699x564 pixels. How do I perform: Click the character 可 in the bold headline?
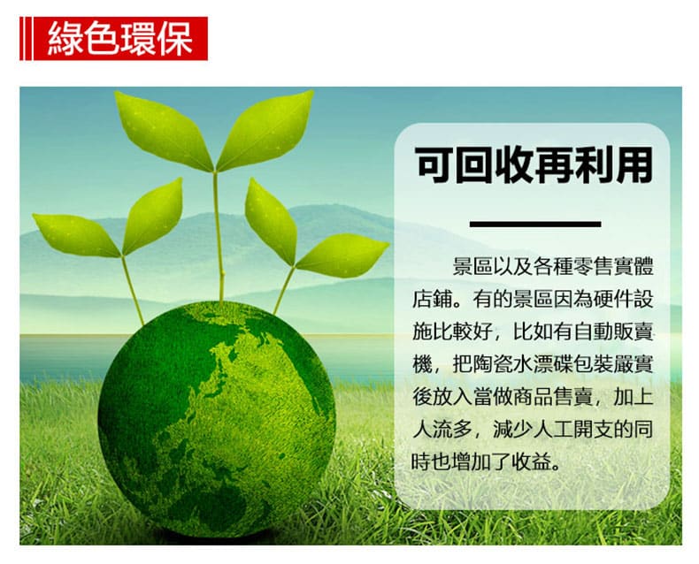tap(434, 165)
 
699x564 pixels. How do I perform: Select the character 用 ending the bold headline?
tap(634, 165)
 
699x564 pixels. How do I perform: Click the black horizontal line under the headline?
tap(535, 224)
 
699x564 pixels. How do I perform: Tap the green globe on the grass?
tap(217, 419)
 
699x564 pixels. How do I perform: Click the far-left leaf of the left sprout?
tap(75, 234)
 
